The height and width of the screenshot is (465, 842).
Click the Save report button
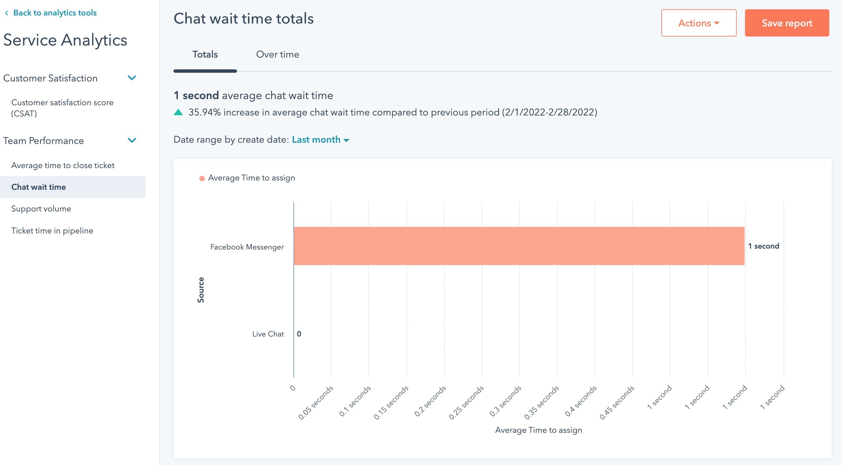tap(787, 23)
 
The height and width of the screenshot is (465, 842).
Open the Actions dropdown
tap(699, 23)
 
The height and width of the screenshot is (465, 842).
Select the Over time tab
tap(277, 54)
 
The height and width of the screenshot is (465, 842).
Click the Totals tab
tap(205, 54)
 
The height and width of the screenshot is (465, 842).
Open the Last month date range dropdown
tap(320, 140)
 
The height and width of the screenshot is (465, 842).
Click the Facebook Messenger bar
tap(519, 246)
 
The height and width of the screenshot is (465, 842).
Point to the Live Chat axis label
tap(268, 334)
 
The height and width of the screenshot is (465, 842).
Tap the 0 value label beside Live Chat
tap(299, 334)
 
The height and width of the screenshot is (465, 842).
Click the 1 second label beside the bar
tap(763, 246)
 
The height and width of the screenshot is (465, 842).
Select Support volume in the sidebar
tap(41, 209)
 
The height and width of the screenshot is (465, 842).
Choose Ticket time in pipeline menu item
tap(52, 231)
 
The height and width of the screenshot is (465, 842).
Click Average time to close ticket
tap(63, 165)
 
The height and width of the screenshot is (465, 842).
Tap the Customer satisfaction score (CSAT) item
tap(62, 108)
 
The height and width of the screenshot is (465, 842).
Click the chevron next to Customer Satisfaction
tap(132, 78)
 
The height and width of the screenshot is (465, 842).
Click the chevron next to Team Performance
tap(132, 141)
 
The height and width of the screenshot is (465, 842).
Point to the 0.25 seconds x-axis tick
tap(467, 402)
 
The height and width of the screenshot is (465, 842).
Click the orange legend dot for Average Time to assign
tap(202, 178)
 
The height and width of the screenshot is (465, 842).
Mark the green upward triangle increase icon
tap(178, 112)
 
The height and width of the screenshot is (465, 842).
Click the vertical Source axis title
tap(201, 290)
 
